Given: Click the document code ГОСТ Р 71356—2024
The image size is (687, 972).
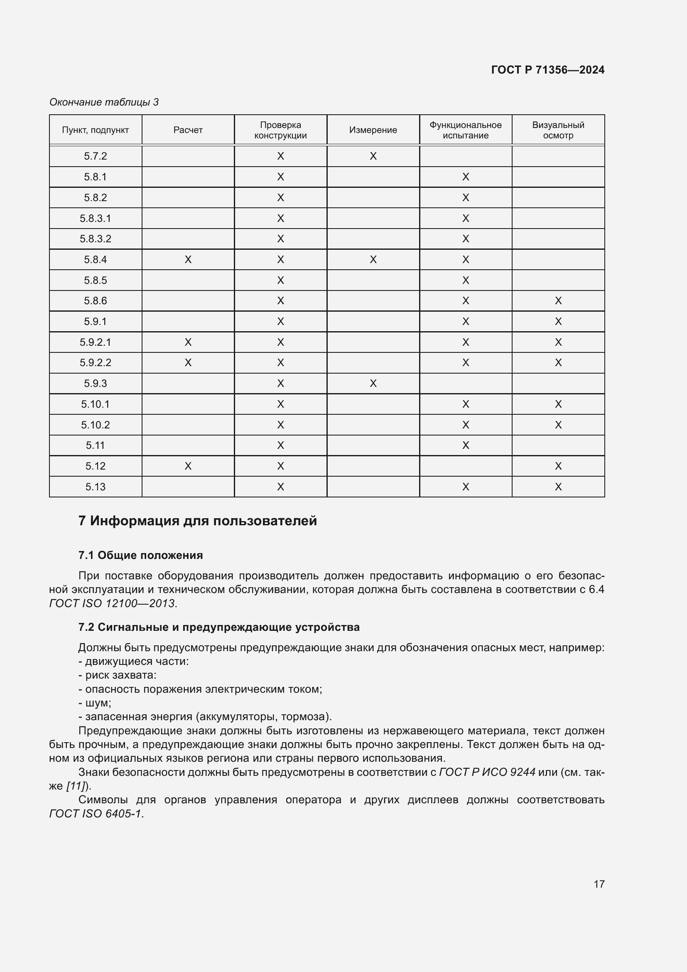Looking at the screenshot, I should tap(547, 70).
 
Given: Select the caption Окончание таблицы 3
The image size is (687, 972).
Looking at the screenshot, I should tap(104, 102).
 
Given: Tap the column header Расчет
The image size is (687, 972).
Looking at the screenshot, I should tap(188, 130).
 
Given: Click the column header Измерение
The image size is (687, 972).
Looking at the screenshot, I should tap(373, 130).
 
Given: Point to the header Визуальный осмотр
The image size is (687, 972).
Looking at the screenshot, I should tap(558, 130).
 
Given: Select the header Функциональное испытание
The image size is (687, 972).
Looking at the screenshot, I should tap(465, 130).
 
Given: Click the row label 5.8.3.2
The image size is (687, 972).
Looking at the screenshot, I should tap(95, 239).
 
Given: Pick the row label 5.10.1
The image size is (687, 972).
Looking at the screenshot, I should tap(95, 404).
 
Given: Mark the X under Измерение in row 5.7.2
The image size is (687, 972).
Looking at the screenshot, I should tap(373, 156).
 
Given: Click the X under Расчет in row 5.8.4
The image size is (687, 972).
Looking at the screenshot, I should tap(188, 259).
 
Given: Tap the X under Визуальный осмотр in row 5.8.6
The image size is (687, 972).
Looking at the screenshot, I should tap(558, 301).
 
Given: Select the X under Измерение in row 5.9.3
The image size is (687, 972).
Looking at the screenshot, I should tap(373, 384).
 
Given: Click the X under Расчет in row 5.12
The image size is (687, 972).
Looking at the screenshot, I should tap(188, 466).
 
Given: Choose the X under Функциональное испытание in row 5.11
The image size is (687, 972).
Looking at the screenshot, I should tap(465, 445).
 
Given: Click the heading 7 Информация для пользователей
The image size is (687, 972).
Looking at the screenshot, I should tap(198, 521).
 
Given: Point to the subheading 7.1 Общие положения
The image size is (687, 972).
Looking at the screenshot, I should tap(140, 555).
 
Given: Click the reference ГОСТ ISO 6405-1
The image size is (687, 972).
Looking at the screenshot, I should tap(96, 814).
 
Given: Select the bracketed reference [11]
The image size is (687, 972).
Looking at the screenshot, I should tap(75, 786).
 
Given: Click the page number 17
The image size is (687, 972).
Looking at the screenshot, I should tap(599, 884).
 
